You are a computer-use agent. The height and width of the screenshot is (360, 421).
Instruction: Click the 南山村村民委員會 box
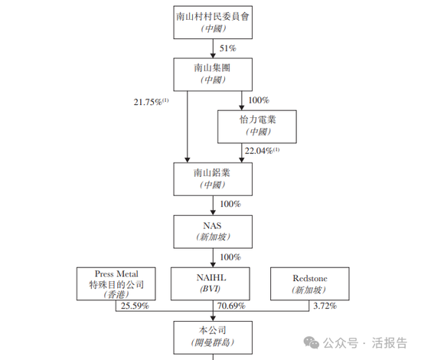point(213,22)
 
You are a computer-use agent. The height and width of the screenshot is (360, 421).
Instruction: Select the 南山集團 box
point(213,74)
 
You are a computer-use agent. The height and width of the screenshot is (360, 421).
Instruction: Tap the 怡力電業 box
point(257,126)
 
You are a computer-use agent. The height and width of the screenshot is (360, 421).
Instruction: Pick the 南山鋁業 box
point(213,179)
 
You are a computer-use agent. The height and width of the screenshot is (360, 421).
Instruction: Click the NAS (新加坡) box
point(213,231)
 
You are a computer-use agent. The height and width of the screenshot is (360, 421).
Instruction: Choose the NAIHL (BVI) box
point(210,283)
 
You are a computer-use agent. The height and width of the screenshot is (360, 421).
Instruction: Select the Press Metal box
point(116,283)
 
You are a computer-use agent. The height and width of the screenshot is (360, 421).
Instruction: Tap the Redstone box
point(310,283)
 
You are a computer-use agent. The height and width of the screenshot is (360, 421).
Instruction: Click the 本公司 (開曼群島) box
point(213,338)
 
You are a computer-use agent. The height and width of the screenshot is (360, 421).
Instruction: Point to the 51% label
point(227,48)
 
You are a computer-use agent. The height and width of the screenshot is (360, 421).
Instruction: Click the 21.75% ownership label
point(151,102)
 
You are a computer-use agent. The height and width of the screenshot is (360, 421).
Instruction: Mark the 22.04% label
point(262,151)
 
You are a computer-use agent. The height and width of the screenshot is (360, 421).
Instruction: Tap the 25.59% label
point(135,306)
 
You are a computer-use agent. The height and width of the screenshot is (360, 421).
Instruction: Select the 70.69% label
point(231,306)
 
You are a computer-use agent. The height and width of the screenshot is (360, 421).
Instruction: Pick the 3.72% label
point(325,306)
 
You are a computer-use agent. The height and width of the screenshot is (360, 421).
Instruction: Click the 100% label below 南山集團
point(259,100)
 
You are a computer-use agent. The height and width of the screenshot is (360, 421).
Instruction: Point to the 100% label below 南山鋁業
point(230,204)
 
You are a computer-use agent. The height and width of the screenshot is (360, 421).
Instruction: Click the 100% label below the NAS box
point(230,257)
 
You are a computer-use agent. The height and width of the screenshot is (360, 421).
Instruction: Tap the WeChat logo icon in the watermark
point(312,342)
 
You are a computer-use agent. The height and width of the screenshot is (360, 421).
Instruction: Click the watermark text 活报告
point(390,343)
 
